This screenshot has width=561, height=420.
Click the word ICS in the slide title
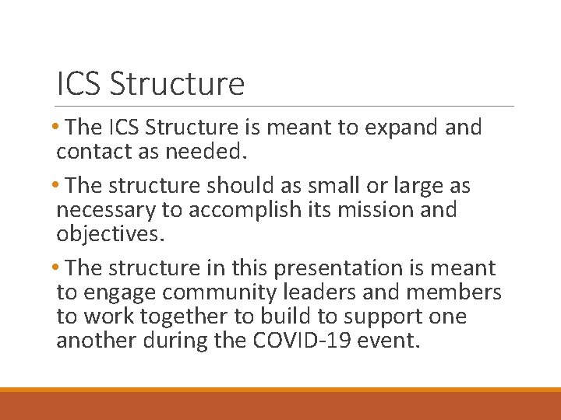click(x=79, y=83)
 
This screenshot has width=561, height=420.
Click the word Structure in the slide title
click(x=177, y=83)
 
